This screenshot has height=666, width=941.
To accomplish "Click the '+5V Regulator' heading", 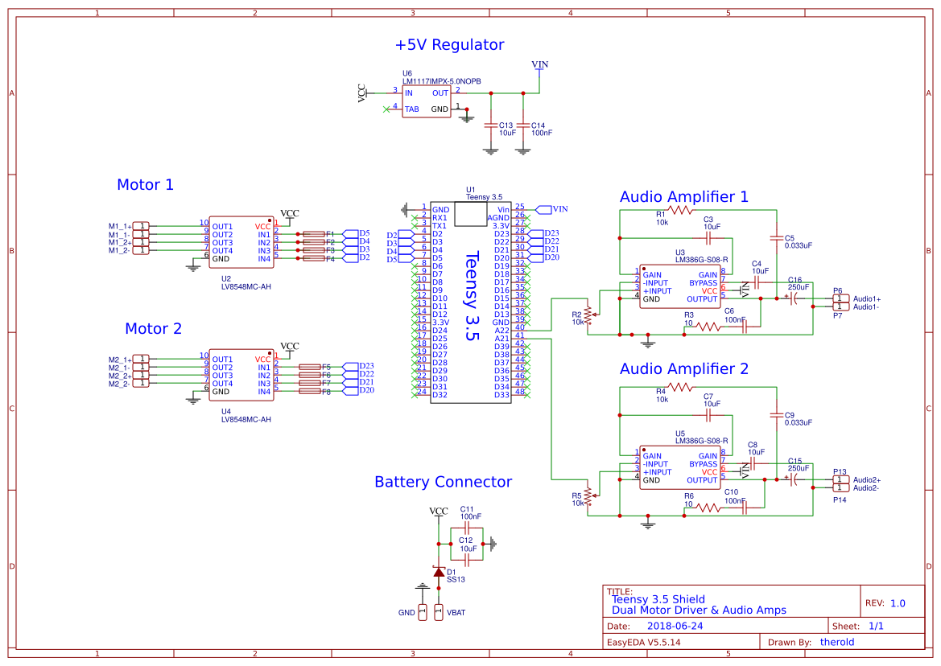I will click(449, 45).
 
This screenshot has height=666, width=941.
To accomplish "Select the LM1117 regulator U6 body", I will click(427, 101).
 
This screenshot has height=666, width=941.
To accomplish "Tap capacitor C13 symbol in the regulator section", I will click(489, 125).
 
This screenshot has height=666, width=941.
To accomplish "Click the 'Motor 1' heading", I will click(145, 184).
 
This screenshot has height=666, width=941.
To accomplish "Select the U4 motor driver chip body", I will click(241, 376).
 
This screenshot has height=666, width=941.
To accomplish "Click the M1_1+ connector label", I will click(119, 226).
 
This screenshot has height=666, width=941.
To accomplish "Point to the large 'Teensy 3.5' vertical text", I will click(473, 297).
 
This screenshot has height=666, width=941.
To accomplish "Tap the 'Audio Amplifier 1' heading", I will click(683, 196).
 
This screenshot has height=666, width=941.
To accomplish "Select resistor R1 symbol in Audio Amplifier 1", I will click(679, 210).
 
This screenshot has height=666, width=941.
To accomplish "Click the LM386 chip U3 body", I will click(679, 286).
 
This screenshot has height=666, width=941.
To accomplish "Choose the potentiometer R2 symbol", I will click(588, 313).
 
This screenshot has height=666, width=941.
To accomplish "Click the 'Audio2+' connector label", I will click(866, 479).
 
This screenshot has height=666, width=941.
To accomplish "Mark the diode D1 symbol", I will click(439, 573).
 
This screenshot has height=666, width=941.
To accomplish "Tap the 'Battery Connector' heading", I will click(443, 482).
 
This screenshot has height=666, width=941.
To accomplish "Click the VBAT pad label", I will click(456, 613).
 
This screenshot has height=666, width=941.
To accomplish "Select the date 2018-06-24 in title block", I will click(675, 626).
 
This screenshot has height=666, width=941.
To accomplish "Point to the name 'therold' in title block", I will click(836, 642).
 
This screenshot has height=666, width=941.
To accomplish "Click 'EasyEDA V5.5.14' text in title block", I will click(643, 642).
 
